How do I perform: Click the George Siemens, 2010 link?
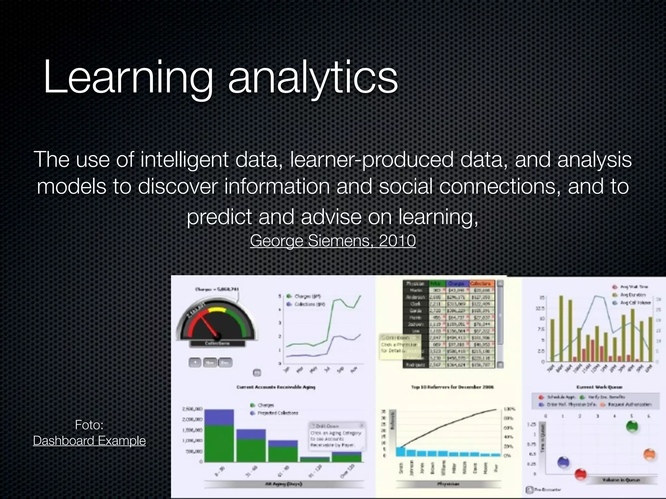(x=333, y=241)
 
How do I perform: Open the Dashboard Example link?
(x=89, y=441)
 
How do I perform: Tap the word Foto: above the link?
(x=89, y=425)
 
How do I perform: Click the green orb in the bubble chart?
(x=632, y=427)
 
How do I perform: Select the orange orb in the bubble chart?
(x=649, y=454)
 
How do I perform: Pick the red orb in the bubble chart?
(x=580, y=474)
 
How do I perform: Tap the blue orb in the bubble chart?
(x=563, y=462)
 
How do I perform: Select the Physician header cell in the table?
(x=416, y=284)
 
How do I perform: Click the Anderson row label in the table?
(x=416, y=297)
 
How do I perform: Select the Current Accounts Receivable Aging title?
(x=276, y=387)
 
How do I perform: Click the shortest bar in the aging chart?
(x=314, y=459)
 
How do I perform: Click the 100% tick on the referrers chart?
(x=508, y=409)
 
